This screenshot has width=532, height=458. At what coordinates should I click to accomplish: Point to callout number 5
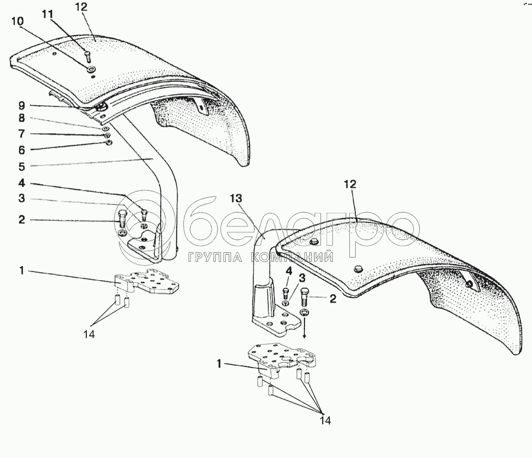(21, 166)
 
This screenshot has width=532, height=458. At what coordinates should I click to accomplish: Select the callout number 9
(21, 106)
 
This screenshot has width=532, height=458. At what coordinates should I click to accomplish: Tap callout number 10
(18, 21)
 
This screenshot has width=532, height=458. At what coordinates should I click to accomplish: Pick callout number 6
(21, 150)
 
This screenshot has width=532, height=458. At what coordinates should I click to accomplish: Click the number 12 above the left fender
(82, 7)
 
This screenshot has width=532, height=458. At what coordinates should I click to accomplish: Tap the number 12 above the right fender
(351, 185)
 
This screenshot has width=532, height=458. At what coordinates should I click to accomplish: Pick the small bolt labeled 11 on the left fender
(87, 57)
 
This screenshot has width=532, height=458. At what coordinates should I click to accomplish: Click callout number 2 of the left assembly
(21, 220)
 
